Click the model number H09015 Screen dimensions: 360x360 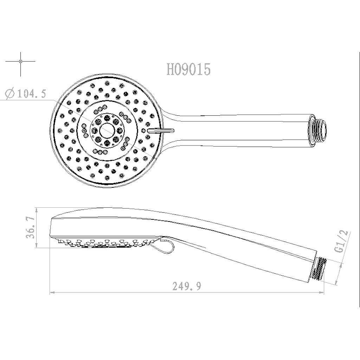(x=188, y=70)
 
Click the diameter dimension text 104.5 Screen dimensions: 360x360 (x=32, y=94)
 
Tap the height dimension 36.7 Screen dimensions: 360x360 (x=31, y=228)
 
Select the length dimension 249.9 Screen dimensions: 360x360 (x=187, y=287)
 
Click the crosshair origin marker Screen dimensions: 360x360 (x=21, y=62)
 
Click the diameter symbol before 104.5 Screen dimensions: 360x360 (x=10, y=94)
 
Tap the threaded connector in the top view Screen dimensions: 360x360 (x=319, y=129)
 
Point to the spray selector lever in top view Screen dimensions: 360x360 (x=160, y=130)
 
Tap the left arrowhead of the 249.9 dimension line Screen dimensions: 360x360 (x=52, y=292)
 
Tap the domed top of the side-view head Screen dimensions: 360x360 (x=105, y=210)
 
